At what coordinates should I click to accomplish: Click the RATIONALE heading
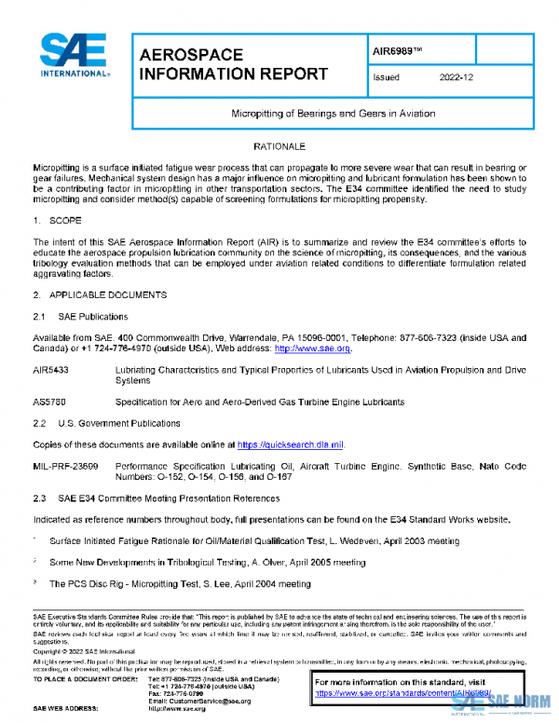point(279,147)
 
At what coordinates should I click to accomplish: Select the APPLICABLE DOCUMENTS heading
point(108,294)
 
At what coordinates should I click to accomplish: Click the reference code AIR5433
point(52,370)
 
